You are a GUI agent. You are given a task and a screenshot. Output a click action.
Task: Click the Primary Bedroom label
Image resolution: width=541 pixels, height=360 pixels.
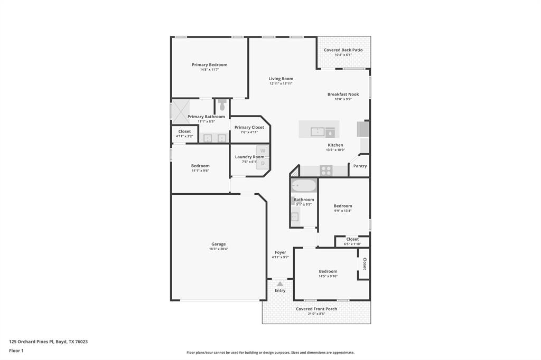click(x=209, y=65)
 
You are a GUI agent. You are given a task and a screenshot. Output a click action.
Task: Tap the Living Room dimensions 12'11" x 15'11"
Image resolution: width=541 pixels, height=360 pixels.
click(x=281, y=83)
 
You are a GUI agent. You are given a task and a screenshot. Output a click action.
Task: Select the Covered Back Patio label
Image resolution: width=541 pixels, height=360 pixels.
click(x=343, y=50)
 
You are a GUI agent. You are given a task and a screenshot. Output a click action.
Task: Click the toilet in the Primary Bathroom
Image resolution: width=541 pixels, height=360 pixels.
click(x=222, y=105)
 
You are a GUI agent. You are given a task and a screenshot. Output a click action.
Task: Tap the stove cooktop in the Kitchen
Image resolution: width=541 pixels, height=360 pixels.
click(x=326, y=170)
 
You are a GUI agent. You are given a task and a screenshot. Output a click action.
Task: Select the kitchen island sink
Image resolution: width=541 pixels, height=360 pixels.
click(x=318, y=131)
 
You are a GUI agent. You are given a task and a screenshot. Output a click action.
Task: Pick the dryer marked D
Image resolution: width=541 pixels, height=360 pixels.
click(x=263, y=163)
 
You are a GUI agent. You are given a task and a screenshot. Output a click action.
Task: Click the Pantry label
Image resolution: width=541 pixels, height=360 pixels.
click(x=360, y=166)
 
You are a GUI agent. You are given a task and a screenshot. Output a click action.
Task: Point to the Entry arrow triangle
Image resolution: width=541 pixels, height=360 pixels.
click(x=280, y=284)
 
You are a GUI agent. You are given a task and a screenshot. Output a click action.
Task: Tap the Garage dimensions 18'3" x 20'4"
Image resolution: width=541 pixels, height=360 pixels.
click(x=219, y=249)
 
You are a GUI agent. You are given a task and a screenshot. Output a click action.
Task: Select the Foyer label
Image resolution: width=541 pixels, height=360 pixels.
click(x=280, y=252)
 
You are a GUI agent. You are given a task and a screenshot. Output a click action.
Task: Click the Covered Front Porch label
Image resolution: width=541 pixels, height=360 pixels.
click(x=316, y=309)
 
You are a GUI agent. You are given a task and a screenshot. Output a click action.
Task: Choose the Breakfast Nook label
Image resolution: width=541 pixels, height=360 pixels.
click(x=343, y=94)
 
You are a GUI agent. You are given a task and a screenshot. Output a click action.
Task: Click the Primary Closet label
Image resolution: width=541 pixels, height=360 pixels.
click(x=249, y=127)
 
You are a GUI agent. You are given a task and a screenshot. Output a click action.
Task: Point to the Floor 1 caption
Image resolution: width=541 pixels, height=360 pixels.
click(x=16, y=350)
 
